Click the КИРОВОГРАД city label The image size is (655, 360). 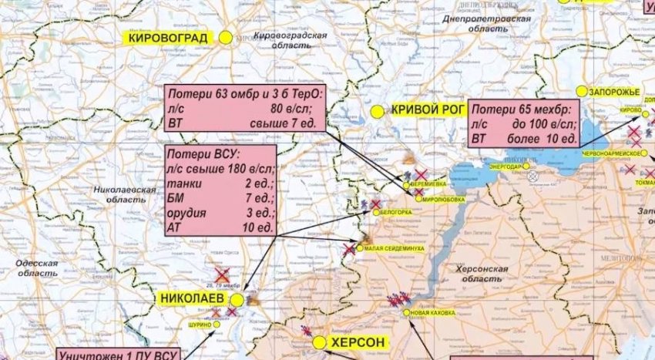(x=172, y=37)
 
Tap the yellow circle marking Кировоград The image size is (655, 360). (x=226, y=37)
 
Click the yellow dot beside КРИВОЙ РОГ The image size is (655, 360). (x=377, y=112)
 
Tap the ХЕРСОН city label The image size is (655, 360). (x=357, y=342)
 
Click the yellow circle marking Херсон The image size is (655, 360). (x=319, y=342)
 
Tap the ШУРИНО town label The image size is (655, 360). (x=200, y=325)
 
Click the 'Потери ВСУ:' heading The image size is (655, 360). (x=198, y=154)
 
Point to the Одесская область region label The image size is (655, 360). (x=37, y=268)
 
